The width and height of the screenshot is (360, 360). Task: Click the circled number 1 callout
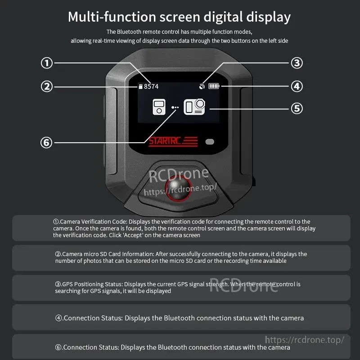tap(47, 63)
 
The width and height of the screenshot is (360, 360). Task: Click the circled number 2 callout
tap(47, 86)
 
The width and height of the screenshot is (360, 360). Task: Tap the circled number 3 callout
tap(296, 63)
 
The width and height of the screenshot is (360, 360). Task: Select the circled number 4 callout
tap(296, 86)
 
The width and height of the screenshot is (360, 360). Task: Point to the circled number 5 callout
tap(296, 108)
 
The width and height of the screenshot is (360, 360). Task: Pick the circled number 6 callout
tap(47, 143)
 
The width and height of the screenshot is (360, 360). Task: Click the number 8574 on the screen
tap(151, 86)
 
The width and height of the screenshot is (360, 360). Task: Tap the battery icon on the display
tap(214, 86)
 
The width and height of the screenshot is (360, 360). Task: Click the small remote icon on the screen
tap(159, 107)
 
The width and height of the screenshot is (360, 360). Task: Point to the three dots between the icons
tap(175, 108)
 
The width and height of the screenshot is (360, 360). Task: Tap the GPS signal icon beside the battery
tap(202, 86)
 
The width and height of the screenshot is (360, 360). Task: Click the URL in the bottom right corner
tap(305, 340)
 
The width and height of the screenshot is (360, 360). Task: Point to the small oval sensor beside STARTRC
tap(210, 142)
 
